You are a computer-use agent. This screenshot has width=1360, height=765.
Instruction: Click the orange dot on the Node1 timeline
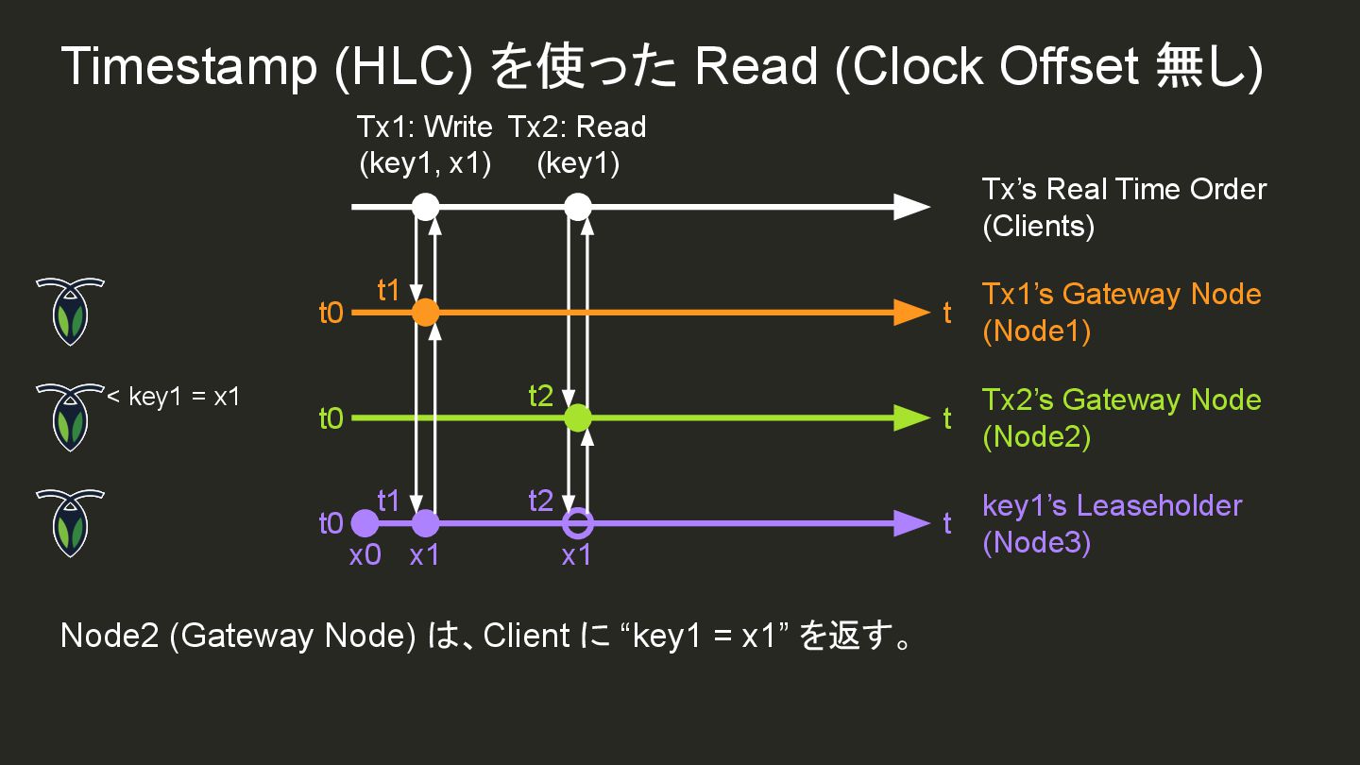point(426,312)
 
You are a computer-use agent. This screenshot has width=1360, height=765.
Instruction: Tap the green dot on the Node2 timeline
point(578,417)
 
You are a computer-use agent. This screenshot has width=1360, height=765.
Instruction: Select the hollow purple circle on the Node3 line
point(578,522)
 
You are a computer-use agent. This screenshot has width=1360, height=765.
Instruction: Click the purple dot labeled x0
point(365,522)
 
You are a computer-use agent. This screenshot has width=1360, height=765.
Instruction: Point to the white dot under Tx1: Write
point(426,206)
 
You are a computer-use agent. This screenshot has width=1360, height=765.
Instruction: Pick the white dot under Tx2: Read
point(578,206)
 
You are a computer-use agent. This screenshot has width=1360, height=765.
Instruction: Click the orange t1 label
point(389,290)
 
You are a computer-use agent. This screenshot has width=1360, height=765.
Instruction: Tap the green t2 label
point(540,396)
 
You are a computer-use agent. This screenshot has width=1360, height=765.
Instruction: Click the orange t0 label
point(331,313)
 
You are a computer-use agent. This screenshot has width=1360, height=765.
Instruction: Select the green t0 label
point(331,418)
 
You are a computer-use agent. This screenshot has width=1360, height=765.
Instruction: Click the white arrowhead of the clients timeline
point(911,206)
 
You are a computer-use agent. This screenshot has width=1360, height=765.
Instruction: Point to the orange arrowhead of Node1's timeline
point(911,312)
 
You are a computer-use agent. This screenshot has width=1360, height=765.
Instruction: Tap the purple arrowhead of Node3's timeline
point(911,522)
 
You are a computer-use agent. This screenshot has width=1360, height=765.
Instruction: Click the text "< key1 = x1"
point(173,397)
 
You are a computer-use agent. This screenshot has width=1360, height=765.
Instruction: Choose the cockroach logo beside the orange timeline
point(70,311)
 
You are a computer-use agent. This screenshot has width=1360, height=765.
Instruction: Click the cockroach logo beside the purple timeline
point(70,522)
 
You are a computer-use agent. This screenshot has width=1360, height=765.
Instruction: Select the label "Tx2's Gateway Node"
point(1121,399)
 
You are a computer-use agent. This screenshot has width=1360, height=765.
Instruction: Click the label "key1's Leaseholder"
point(1112,505)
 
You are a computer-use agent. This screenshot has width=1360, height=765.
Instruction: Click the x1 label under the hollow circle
point(576,556)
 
